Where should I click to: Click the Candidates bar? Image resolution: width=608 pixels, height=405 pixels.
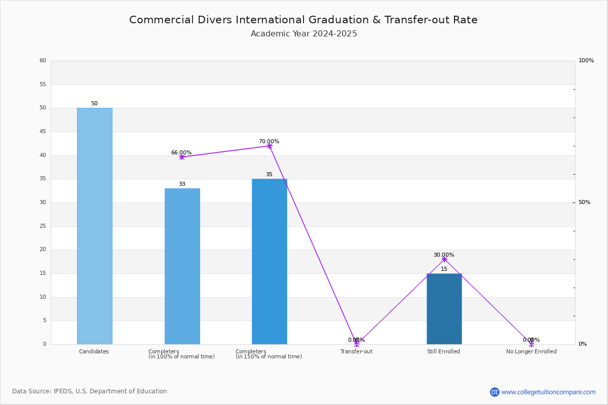95,226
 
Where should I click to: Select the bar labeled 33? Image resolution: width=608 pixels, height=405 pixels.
182,266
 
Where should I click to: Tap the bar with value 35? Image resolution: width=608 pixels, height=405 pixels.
270,262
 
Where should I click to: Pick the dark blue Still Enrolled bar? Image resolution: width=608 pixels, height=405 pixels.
444,309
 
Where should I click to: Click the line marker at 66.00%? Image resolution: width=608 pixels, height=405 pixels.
182,157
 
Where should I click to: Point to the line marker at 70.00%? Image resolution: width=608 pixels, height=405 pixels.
270,146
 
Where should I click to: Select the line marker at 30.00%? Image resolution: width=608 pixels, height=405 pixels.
444,260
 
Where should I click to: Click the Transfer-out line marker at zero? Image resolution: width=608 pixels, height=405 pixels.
357,344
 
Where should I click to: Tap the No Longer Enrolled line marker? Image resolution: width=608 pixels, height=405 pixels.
531,344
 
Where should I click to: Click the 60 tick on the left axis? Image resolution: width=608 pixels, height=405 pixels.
43,60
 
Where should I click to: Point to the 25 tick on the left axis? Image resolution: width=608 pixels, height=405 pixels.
43,226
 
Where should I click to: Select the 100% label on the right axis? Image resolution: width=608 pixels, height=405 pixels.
586,60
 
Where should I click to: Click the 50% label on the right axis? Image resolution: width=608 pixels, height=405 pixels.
584,202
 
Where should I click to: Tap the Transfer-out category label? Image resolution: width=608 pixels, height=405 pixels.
356,351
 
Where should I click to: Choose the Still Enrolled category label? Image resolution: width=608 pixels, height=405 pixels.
443,351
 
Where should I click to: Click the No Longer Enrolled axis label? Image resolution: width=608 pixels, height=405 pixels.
531,351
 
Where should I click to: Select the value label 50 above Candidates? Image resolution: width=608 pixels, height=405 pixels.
94,104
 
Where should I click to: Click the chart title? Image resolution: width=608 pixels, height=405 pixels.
303,20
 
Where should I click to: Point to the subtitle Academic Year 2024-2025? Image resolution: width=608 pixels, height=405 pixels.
303,33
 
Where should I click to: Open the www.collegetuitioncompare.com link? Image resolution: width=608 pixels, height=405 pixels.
548,392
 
